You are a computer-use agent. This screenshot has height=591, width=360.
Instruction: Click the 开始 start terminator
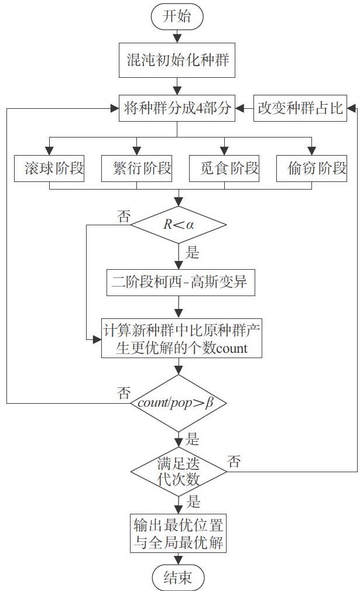177,17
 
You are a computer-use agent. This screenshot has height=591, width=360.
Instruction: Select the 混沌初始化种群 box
177,60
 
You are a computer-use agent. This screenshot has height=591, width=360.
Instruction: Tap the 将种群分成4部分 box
177,109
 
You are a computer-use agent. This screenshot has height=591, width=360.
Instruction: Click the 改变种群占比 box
300,109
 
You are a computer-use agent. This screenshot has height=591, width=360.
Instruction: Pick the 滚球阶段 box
49,169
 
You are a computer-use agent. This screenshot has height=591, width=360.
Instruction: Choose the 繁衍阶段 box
136,169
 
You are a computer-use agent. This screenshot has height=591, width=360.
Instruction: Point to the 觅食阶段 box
224,169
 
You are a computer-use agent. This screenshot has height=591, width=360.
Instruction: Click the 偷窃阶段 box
311,169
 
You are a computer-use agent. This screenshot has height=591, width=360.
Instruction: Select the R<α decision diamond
179,225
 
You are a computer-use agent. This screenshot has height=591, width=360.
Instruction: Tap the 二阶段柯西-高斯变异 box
180,282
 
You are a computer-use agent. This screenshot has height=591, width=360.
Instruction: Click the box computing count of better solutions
181,338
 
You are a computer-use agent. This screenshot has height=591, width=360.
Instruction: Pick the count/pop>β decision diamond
179,403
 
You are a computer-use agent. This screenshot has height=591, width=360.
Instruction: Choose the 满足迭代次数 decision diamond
179,471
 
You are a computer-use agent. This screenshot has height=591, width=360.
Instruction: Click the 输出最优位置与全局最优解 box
179,533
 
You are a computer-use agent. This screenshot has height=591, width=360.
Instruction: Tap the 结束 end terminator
178,578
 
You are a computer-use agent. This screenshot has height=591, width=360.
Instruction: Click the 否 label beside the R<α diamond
124,217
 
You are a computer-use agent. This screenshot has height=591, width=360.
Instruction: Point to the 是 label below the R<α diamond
192,252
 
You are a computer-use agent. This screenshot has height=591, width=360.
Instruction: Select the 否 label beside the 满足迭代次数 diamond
234,461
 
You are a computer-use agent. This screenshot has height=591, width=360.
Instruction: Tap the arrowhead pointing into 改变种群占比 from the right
351,109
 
